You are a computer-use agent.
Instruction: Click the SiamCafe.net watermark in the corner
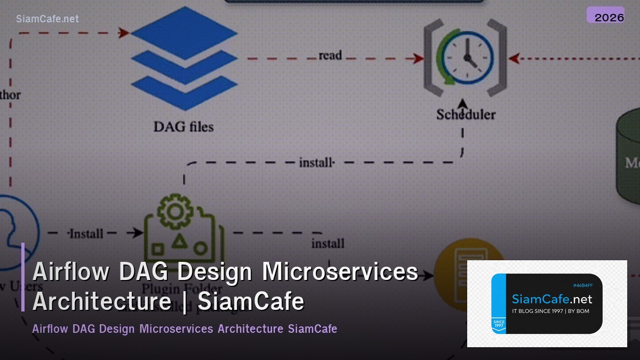(x=47, y=19)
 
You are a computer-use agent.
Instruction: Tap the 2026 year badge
(x=605, y=17)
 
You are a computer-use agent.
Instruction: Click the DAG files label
(x=183, y=127)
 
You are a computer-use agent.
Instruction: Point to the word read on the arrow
(x=330, y=55)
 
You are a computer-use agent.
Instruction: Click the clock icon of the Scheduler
(x=465, y=55)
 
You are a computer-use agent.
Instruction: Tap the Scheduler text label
(x=466, y=114)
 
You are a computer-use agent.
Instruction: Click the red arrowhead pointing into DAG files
(x=124, y=33)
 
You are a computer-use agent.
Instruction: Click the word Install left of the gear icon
(x=86, y=234)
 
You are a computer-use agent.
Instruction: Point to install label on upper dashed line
(x=316, y=162)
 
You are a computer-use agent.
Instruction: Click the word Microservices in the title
(x=340, y=271)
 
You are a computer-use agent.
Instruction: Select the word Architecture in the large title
(x=101, y=301)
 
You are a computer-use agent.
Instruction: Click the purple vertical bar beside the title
(x=23, y=277)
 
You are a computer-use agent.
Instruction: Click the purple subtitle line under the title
(x=185, y=329)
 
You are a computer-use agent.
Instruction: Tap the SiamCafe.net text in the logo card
(x=551, y=299)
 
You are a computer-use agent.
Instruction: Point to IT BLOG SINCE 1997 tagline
(x=550, y=311)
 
